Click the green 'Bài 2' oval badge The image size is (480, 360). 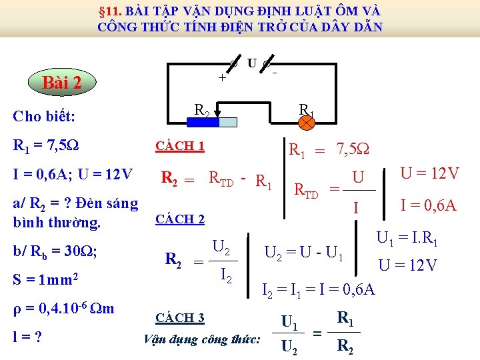(62, 83)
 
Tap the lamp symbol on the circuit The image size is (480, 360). (307, 123)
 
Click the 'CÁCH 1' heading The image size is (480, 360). (179, 146)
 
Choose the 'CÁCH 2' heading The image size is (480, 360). (179, 219)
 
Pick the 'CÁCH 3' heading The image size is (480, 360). (179, 317)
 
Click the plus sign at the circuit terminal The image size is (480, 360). (222, 77)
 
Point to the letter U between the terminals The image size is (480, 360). (251, 63)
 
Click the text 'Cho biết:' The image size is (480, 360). (44, 117)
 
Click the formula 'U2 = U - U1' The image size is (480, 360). (304, 253)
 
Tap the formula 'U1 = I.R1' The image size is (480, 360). (407, 238)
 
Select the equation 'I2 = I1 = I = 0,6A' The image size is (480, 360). (318, 289)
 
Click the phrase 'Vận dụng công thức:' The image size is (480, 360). (202, 339)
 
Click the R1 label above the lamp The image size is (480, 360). (307, 109)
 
